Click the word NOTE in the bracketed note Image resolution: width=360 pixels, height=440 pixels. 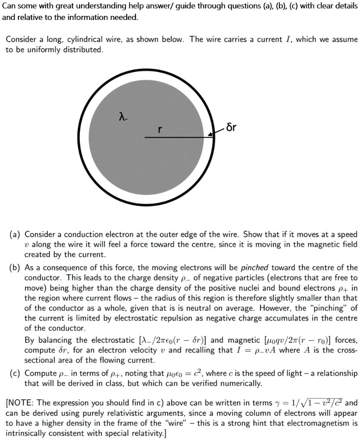point(20,402)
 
